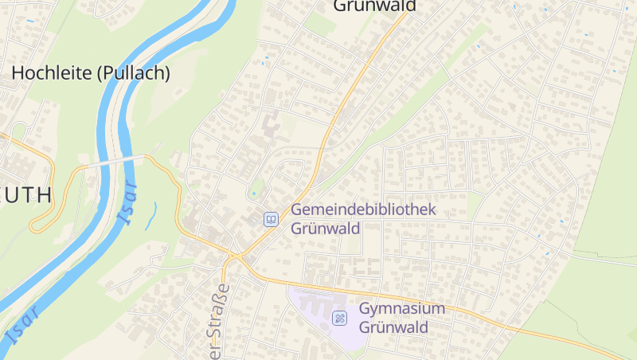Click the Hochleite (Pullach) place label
91,73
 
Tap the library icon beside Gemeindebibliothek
271,218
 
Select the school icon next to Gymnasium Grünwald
340,318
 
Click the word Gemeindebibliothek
364,209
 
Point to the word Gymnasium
402,308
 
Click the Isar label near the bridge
127,203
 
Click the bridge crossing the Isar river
119,160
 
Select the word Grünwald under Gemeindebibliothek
325,228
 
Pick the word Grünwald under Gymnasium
393,327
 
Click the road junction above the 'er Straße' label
233,258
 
